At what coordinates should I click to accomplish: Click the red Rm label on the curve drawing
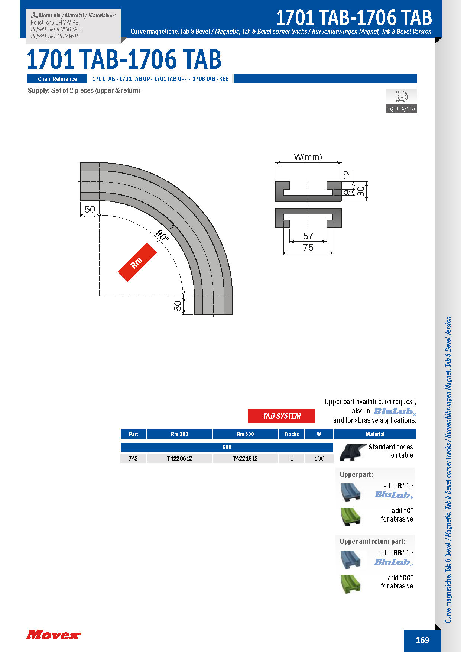coord(137,262)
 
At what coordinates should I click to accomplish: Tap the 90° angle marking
coord(163,235)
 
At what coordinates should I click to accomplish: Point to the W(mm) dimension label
coord(308,157)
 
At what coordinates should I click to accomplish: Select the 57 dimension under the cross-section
coord(308,236)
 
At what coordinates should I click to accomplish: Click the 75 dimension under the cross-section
coord(308,248)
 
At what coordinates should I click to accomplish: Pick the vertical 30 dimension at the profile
coord(361,191)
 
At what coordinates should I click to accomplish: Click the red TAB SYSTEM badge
coord(282,416)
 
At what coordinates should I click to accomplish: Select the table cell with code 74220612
coord(179,458)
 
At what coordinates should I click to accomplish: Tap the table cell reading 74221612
coord(245,458)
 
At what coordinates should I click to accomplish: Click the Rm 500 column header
coord(245,434)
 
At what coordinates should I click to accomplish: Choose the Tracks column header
coord(292,434)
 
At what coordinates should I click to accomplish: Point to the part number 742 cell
coord(133,458)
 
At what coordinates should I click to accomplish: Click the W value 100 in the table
coord(319,458)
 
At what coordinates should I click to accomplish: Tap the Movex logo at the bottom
coord(53,635)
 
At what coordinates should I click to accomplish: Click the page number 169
coord(422,640)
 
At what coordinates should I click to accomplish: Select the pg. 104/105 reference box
coord(401,109)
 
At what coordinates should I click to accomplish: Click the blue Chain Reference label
coord(57,79)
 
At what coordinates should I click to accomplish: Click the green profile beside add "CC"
coord(350,583)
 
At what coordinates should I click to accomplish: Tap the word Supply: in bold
coord(39,90)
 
